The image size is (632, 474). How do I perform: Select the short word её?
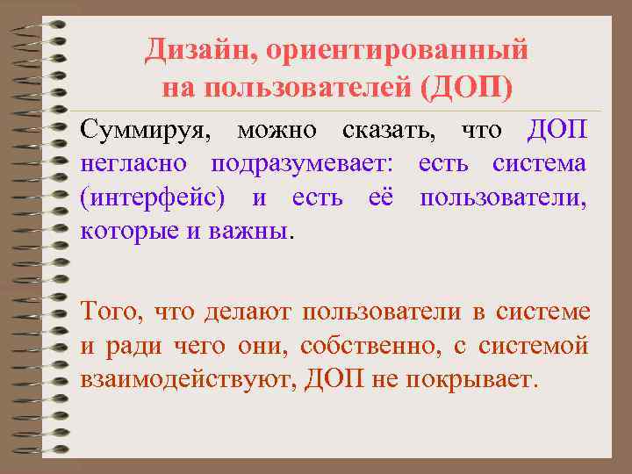(x=381, y=197)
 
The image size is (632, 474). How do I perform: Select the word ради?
(x=130, y=346)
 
